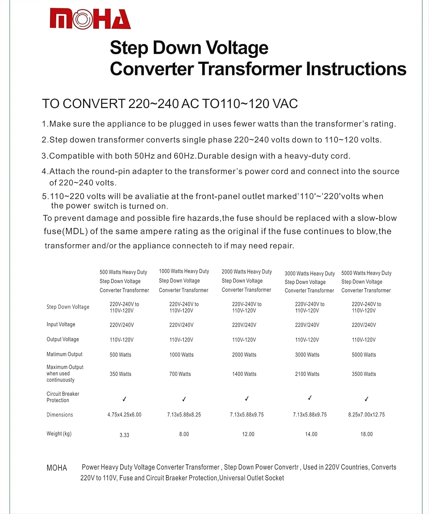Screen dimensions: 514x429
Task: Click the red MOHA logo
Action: pos(90,19)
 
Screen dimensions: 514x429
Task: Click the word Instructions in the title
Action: pos(356,69)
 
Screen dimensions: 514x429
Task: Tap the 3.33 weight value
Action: pos(124,435)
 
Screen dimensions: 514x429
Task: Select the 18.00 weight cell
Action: pos(366,434)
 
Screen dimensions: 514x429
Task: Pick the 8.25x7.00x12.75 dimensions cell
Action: pos(366,415)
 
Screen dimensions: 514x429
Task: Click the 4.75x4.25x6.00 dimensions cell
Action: pos(124,415)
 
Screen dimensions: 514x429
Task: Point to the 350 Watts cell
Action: pos(120,374)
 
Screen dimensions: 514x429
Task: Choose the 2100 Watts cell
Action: pos(307,374)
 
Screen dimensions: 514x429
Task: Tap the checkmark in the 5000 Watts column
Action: pos(366,399)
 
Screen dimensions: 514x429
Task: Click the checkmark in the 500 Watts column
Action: pos(124,399)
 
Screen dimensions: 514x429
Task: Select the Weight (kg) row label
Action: pos(59,434)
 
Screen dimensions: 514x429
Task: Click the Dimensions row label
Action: pos(60,415)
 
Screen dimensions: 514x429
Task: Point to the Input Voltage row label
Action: pos(61,324)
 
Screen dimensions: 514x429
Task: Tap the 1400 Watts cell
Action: pos(244,374)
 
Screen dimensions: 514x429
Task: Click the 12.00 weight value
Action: pos(248,434)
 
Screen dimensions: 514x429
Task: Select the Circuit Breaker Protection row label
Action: pos(63,397)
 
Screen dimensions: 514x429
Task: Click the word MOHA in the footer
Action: pos(57,468)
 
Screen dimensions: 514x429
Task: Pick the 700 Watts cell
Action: pos(180,374)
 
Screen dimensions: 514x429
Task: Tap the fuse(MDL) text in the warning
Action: pos(65,231)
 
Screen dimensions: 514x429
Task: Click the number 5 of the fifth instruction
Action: pos(45,196)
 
